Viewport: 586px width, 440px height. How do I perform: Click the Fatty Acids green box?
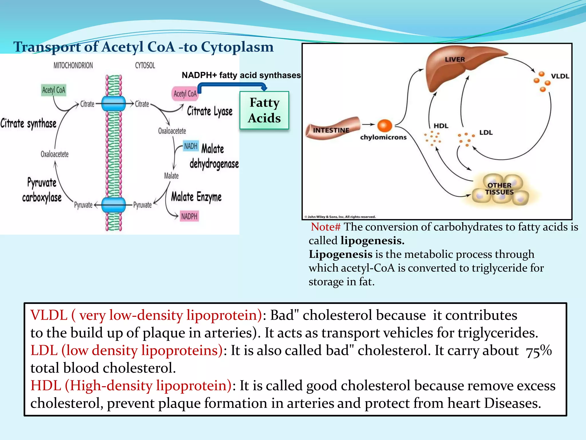click(264, 110)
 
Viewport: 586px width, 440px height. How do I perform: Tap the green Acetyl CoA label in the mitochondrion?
click(54, 90)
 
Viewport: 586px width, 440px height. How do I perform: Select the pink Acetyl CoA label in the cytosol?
click(185, 94)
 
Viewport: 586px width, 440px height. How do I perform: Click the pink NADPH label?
click(189, 216)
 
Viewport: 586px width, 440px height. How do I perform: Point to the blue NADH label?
click(191, 146)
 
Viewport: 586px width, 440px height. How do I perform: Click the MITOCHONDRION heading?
click(73, 66)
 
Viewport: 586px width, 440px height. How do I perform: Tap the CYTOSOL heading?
click(145, 66)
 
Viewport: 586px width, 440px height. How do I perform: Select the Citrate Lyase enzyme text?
click(210, 111)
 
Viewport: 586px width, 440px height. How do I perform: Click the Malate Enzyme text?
click(196, 197)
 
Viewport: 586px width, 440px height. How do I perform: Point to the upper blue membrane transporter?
click(114, 103)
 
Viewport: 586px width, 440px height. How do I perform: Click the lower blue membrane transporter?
click(114, 205)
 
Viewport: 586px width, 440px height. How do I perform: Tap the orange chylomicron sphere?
click(385, 125)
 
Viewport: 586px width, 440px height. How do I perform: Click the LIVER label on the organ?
click(455, 59)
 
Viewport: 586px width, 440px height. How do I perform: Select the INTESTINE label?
click(331, 130)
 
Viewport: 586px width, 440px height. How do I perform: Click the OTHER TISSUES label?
click(499, 188)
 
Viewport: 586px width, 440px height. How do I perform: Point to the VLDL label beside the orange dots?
click(560, 76)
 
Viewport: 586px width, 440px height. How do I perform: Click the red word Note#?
click(326, 227)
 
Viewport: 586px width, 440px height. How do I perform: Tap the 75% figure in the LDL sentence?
click(539, 351)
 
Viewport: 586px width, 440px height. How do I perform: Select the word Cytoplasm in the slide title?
click(237, 47)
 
